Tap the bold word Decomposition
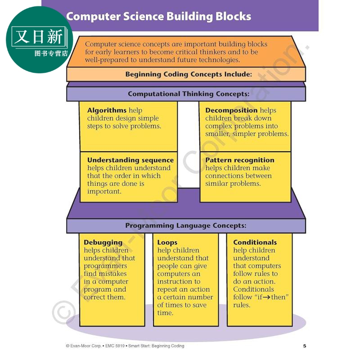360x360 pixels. point(231,110)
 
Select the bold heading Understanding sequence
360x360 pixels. point(130,160)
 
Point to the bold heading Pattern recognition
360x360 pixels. point(240,160)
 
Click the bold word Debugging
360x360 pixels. point(103,243)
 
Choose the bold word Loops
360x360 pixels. point(167,243)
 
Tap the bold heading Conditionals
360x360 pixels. point(255,242)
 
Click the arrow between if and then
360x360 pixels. point(266,297)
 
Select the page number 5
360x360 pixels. point(305,346)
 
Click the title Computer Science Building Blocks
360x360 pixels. point(159,17)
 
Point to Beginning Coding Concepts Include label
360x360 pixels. point(189,74)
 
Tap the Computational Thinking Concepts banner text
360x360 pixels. point(189,94)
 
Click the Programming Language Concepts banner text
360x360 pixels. point(186,225)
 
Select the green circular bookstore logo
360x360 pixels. point(39,40)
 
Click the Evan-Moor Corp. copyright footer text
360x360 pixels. point(125,346)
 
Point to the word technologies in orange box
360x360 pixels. point(219,60)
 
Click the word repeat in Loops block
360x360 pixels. point(167,289)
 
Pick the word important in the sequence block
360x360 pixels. point(104,192)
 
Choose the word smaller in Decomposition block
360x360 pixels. point(217,134)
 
